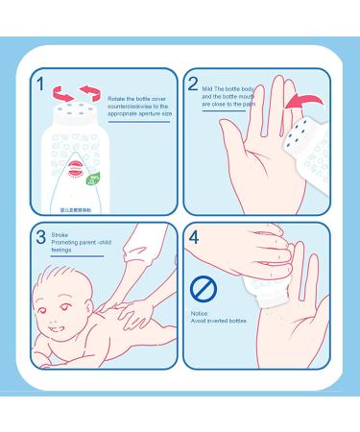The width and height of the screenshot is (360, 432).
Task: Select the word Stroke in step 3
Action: pyautogui.click(x=60, y=233)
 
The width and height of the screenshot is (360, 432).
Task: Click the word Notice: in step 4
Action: pyautogui.click(x=201, y=313)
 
